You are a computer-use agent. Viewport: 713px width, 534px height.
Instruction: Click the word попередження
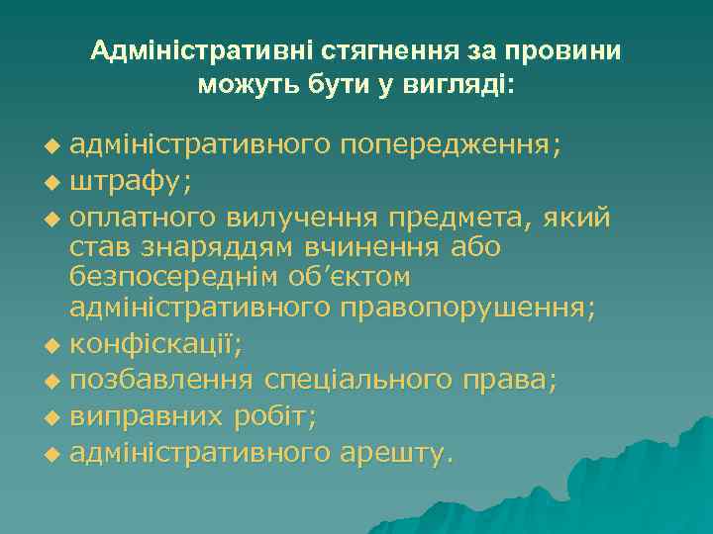451,146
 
